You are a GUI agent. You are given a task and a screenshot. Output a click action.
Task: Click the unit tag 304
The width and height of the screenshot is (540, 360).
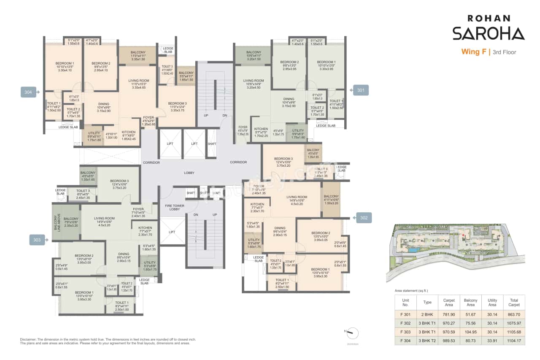[x=28, y=92]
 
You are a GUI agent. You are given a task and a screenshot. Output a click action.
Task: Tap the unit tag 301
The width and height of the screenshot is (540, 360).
[x=361, y=90]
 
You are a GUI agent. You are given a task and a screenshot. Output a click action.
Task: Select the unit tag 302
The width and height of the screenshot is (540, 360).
[x=364, y=218]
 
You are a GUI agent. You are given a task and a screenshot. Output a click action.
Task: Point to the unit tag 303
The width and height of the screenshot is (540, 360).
[x=37, y=240]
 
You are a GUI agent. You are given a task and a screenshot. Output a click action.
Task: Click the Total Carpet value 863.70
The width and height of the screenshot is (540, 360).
[x=514, y=314]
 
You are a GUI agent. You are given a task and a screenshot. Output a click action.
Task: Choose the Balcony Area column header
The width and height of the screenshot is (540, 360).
[x=470, y=303]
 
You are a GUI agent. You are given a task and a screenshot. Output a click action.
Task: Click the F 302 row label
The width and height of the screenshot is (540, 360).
[x=405, y=323]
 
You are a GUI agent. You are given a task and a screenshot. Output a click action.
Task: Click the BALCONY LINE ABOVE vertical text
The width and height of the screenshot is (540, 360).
[x=55, y=222]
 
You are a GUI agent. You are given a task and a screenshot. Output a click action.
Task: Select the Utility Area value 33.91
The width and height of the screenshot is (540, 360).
[x=492, y=340]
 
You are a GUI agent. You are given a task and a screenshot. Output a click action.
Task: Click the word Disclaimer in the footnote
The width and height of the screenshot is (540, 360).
[x=30, y=339]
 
